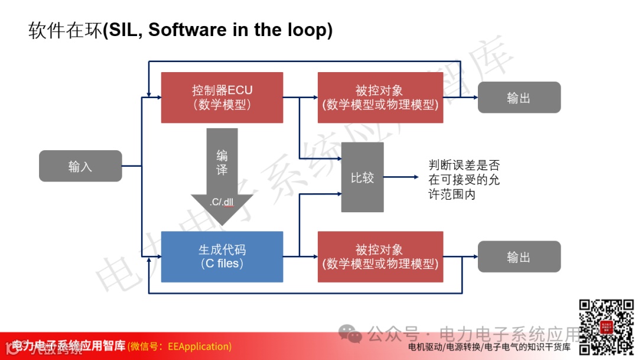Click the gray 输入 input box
click(x=80, y=166)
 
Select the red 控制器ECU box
click(x=222, y=98)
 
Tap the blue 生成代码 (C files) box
click(x=222, y=257)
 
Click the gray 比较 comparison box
click(x=362, y=177)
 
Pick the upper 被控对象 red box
click(x=380, y=98)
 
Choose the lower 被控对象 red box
click(x=380, y=257)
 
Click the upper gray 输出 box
click(x=519, y=98)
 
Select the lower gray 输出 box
click(x=519, y=257)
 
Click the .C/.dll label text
click(x=222, y=202)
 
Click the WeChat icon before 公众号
click(x=353, y=335)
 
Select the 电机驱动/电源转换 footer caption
click(x=448, y=348)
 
